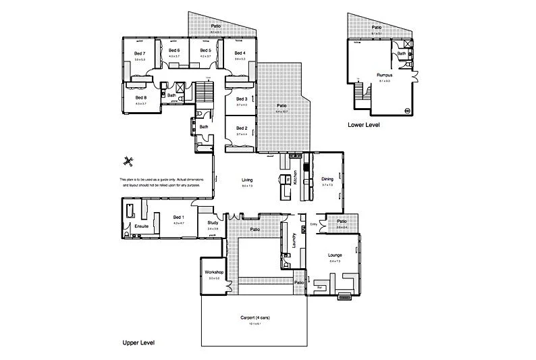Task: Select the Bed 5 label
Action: click(205, 51)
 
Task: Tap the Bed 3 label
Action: click(242, 99)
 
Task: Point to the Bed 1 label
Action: click(178, 217)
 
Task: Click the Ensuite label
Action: click(141, 226)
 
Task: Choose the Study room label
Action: click(212, 222)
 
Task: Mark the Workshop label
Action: click(214, 272)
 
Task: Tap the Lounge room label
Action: click(336, 255)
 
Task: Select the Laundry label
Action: click(294, 241)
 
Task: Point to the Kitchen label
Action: click(295, 178)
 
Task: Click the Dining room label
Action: click(327, 179)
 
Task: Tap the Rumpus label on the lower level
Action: click(385, 75)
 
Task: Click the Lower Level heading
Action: click(365, 125)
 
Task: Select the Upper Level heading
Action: click(139, 343)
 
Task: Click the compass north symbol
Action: click(128, 161)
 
